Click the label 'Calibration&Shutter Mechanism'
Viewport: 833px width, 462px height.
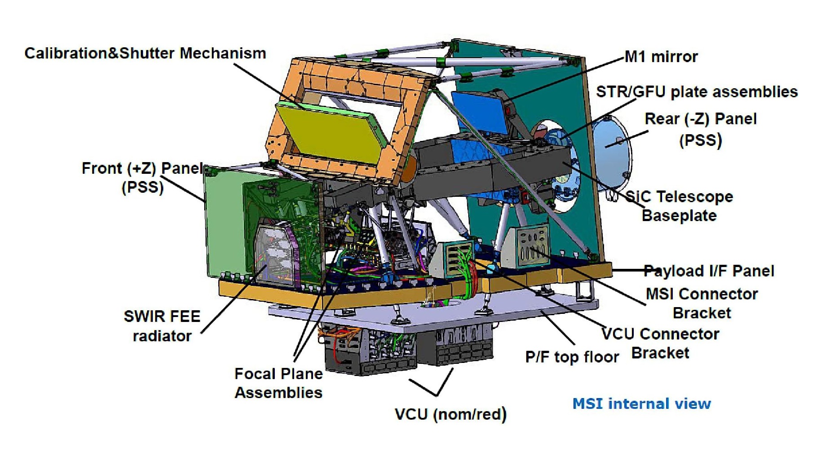click(145, 53)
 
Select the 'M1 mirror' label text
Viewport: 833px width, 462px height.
click(661, 57)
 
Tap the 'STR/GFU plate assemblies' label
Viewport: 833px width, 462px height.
click(696, 92)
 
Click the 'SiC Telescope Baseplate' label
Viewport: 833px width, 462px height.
click(679, 206)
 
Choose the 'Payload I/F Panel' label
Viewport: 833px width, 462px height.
click(709, 271)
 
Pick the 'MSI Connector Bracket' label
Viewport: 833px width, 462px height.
click(702, 303)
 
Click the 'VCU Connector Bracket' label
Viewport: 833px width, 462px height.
click(660, 343)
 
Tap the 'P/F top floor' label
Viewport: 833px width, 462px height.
click(572, 357)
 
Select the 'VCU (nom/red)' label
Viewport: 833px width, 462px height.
click(450, 414)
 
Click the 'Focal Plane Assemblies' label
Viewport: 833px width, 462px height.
click(278, 383)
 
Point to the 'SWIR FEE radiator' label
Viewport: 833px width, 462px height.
click(162, 326)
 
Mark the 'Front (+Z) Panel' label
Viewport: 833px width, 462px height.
click(142, 177)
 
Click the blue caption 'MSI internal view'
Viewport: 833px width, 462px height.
click(641, 403)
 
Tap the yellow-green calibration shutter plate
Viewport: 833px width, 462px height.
click(331, 133)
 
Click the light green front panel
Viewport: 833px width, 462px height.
click(223, 221)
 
